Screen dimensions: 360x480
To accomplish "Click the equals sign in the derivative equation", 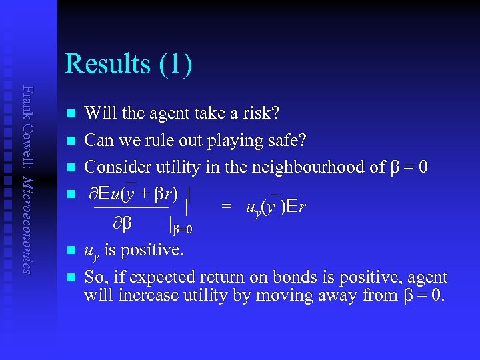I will click(x=227, y=207).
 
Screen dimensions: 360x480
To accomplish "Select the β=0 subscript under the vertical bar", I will click(x=182, y=230).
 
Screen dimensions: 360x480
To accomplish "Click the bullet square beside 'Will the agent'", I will click(x=69, y=115).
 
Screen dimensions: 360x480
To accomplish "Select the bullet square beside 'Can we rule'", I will click(x=69, y=141).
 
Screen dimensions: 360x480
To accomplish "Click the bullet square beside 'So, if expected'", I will click(x=69, y=277).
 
